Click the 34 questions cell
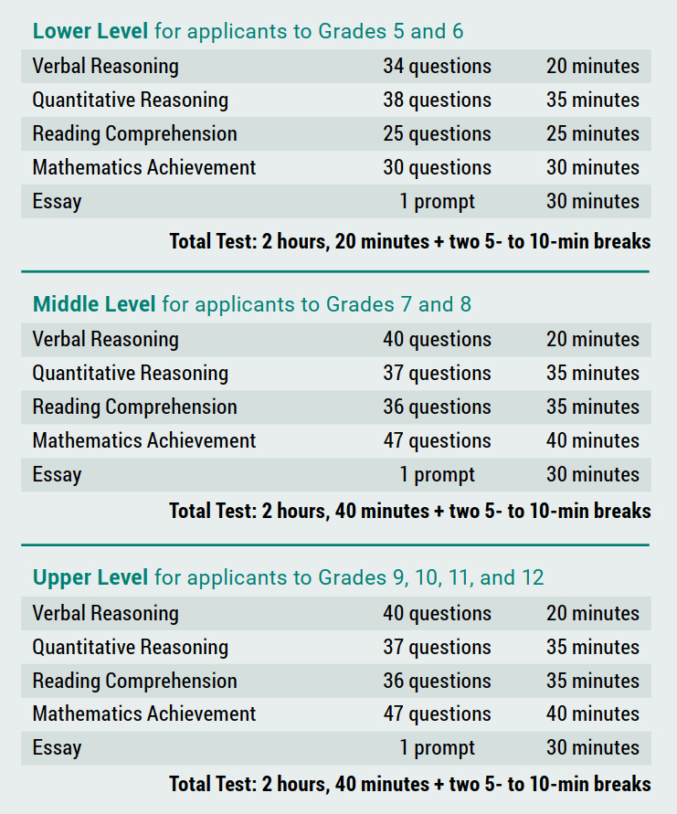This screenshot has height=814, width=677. click(437, 66)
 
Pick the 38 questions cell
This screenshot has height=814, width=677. click(437, 100)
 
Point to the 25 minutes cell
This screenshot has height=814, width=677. click(593, 133)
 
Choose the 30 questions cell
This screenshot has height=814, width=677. click(437, 167)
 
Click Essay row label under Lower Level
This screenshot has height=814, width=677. click(57, 201)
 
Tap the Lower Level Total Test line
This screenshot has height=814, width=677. click(409, 241)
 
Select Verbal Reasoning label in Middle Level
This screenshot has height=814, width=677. click(105, 339)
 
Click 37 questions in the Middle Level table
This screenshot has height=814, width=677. click(437, 373)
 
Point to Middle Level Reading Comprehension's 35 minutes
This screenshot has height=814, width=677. click(593, 407)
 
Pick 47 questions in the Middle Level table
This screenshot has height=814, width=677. click(437, 440)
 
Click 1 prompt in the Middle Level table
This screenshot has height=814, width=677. click(437, 474)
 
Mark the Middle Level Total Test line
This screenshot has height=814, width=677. click(409, 510)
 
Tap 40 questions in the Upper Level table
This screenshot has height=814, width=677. click(437, 613)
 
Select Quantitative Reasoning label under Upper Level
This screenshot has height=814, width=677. click(130, 647)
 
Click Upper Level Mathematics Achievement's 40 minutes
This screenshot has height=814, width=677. click(593, 714)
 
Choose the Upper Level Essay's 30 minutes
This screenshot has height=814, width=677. click(593, 747)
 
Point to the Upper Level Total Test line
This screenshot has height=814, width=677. click(409, 783)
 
